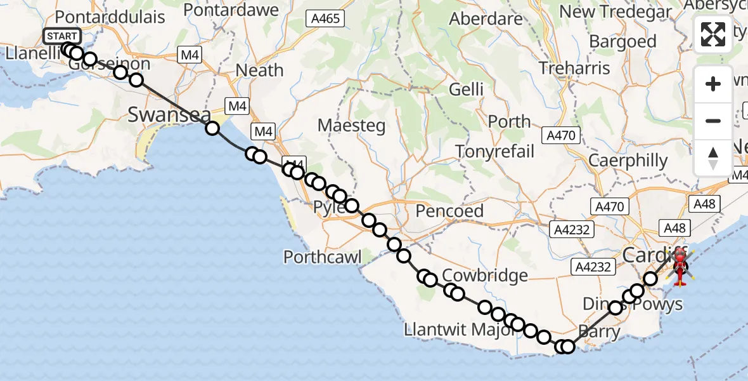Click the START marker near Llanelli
[62, 36]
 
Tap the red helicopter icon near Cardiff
[680, 265]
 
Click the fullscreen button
[713, 34]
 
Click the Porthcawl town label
[323, 257]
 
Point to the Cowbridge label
[485, 276]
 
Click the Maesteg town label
[351, 126]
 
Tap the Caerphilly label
[628, 161]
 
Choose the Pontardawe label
[231, 10]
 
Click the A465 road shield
[326, 19]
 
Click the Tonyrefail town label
[495, 151]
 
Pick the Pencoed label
[449, 211]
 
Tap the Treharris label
[574, 68]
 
